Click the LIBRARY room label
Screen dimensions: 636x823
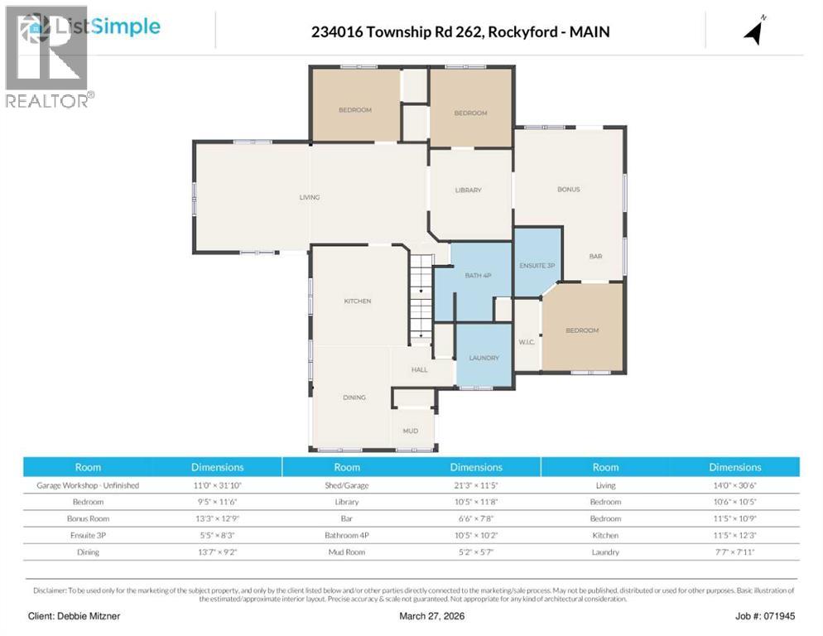click(x=468, y=190)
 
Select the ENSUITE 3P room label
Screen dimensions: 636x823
click(x=537, y=265)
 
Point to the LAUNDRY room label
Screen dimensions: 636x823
click(x=484, y=358)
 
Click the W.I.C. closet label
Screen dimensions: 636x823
click(x=527, y=342)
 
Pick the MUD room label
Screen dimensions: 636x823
click(x=411, y=431)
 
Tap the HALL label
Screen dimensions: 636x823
click(x=420, y=369)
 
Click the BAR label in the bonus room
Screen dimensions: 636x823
click(x=595, y=257)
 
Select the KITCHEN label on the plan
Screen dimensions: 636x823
click(x=358, y=301)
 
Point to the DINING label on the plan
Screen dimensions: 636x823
click(x=354, y=397)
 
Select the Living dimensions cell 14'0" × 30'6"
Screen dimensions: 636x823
click(x=734, y=486)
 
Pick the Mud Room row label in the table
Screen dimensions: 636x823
click(x=347, y=552)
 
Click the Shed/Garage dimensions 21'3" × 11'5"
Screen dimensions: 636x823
click(x=476, y=486)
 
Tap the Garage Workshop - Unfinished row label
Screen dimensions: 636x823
click(x=89, y=486)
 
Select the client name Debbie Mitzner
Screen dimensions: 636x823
click(x=75, y=617)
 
